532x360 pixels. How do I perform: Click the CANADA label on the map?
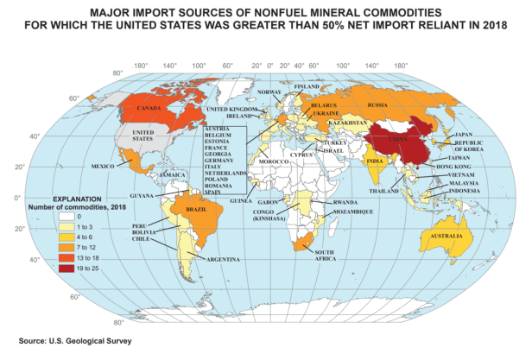pos(152,109)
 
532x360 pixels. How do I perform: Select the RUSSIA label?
pos(377,104)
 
